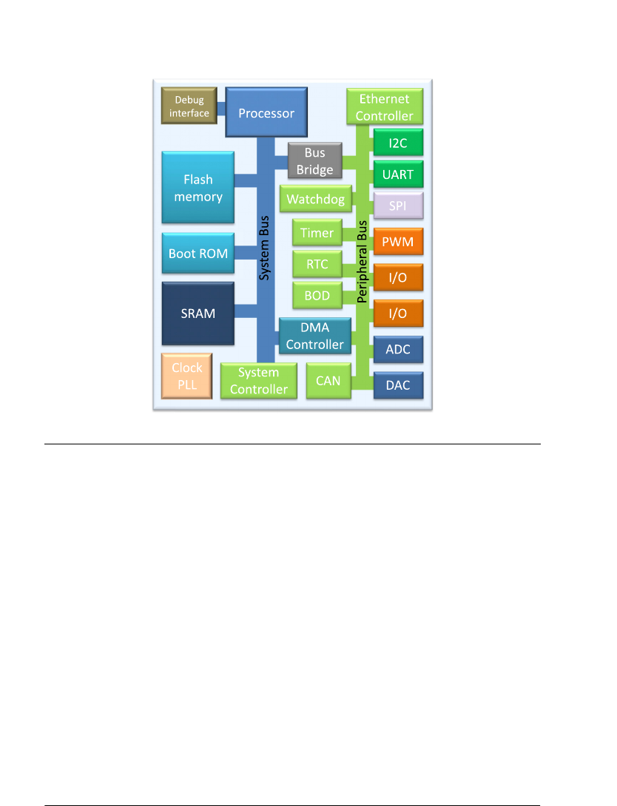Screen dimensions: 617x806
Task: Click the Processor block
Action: [x=266, y=113]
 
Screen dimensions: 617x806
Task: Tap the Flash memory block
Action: [x=198, y=188]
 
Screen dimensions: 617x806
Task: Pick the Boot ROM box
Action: [x=198, y=253]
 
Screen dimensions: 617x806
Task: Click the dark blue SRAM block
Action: [x=198, y=313]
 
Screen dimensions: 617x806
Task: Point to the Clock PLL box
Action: [x=187, y=376]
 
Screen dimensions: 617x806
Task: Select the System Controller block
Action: [x=259, y=381]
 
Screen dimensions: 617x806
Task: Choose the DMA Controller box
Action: [x=314, y=336]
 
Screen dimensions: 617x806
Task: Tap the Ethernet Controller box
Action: [x=385, y=107]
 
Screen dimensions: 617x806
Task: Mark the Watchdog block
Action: [x=316, y=200]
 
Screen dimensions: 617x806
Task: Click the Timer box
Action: [x=317, y=233]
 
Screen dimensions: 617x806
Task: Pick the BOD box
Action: [x=317, y=297]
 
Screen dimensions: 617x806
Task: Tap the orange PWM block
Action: [x=398, y=242]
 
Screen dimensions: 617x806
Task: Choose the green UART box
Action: [x=398, y=175]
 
